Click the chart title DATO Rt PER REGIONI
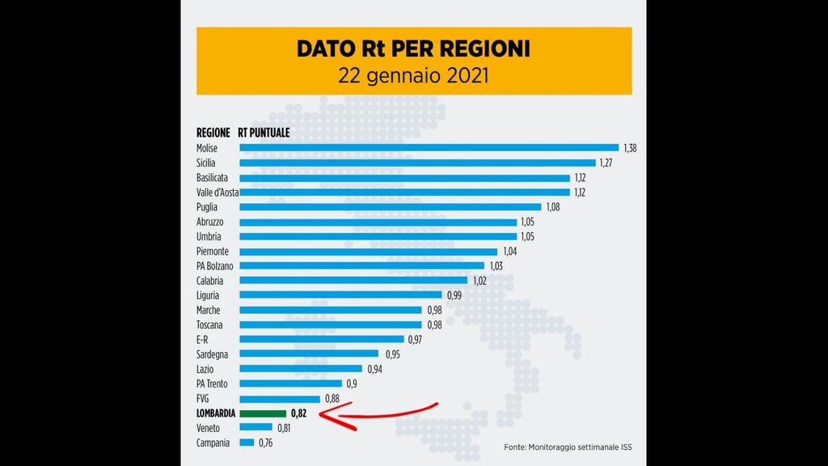(x=413, y=49)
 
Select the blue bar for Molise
(x=429, y=148)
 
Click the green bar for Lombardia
(x=262, y=413)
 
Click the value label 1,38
(x=630, y=148)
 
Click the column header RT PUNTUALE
(x=264, y=133)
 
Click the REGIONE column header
(x=213, y=133)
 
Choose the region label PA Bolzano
(x=214, y=266)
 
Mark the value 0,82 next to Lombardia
(x=299, y=413)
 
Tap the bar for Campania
(x=246, y=443)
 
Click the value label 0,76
(x=266, y=443)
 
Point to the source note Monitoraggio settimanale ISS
(x=564, y=447)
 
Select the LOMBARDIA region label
(x=216, y=413)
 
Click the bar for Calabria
(x=353, y=281)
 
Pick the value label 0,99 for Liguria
(x=455, y=295)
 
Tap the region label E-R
(x=203, y=340)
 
